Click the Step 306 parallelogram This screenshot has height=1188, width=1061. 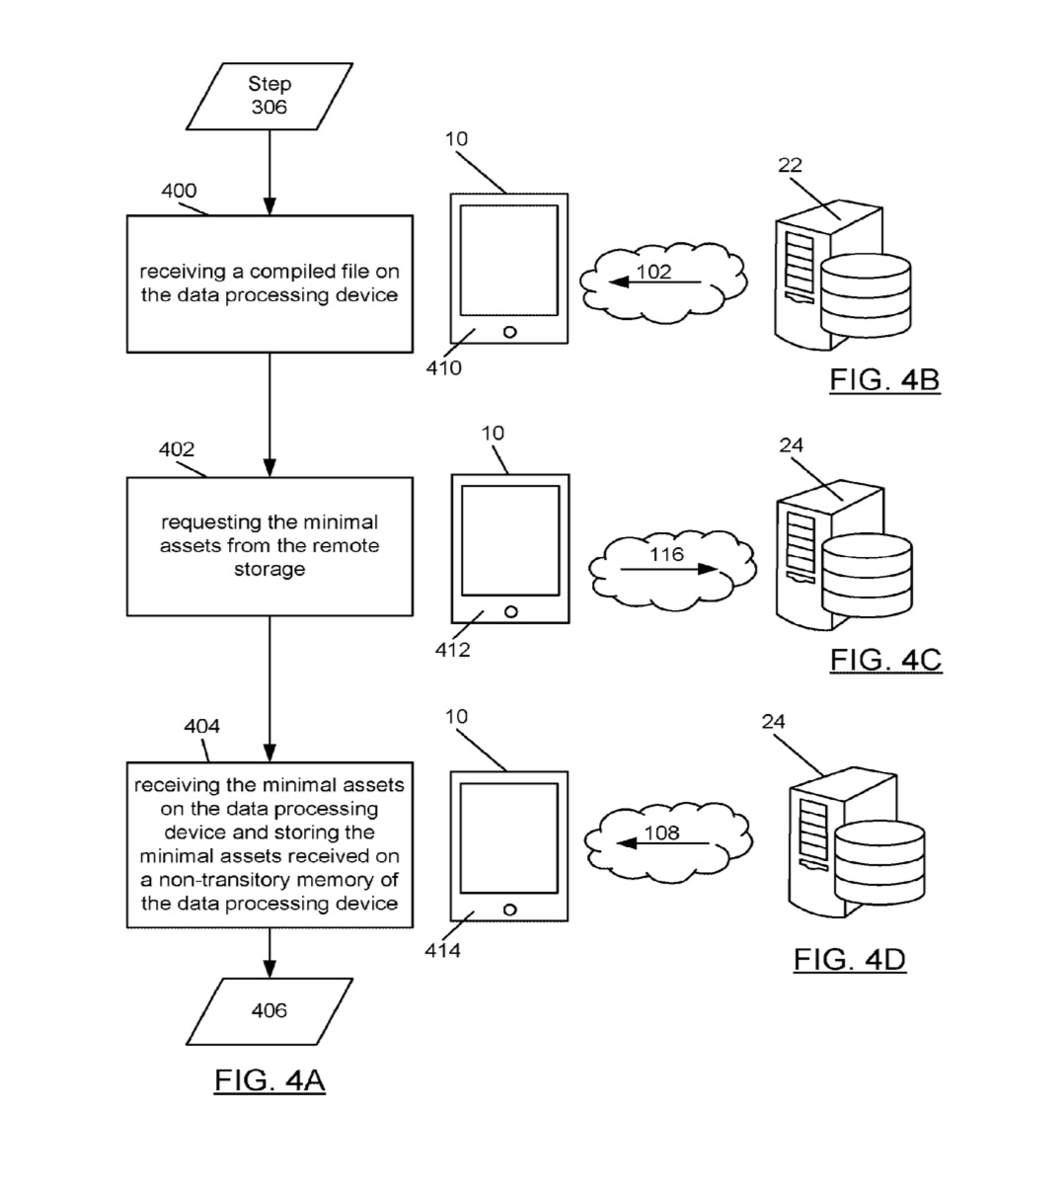click(268, 96)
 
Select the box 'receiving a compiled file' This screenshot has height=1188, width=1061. click(269, 283)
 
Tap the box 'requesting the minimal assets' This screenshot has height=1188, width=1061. click(269, 546)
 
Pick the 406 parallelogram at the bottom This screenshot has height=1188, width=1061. click(269, 1010)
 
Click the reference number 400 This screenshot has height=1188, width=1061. click(179, 191)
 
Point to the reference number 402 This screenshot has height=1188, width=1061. click(177, 449)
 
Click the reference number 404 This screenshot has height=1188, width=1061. click(201, 727)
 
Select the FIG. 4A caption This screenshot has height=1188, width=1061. click(269, 1080)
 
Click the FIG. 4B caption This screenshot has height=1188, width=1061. click(884, 380)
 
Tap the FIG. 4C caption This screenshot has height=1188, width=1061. click(885, 660)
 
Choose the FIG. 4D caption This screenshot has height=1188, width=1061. click(849, 959)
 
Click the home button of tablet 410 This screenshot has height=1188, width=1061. click(510, 332)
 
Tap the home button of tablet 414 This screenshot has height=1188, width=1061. click(510, 910)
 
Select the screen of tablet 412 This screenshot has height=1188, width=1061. click(510, 540)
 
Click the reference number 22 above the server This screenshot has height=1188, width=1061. click(790, 165)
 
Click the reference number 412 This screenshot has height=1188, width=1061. click(453, 651)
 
